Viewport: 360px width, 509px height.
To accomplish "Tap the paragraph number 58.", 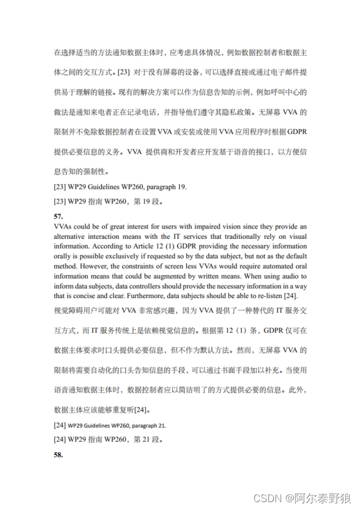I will point(58,455).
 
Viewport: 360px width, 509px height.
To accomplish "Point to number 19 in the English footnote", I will point(181,186).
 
